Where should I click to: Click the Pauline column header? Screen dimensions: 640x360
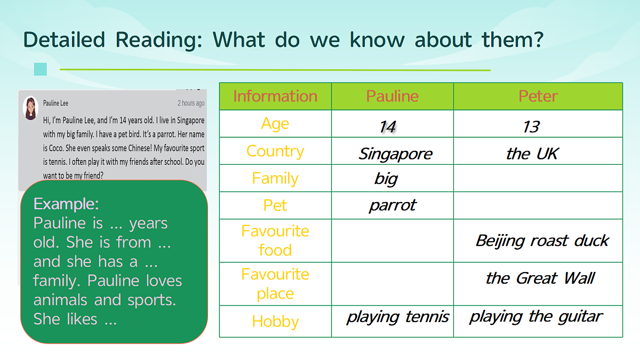393,96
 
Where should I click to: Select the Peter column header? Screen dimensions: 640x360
538,96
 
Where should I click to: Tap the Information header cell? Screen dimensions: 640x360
275,96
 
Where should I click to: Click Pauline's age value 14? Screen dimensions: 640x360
387,126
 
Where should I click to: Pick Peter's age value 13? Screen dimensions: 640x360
531,126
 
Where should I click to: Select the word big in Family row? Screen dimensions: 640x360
386,179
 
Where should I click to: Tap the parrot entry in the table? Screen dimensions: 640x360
393,206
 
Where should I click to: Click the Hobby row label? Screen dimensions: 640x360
275,322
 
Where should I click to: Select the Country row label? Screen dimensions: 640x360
275,151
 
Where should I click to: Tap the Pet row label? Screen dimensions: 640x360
275,205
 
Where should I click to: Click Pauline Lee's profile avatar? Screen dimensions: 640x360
30,108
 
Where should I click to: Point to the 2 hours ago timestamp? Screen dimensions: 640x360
191,103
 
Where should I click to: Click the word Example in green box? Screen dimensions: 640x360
66,204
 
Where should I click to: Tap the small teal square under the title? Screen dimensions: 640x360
41,69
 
